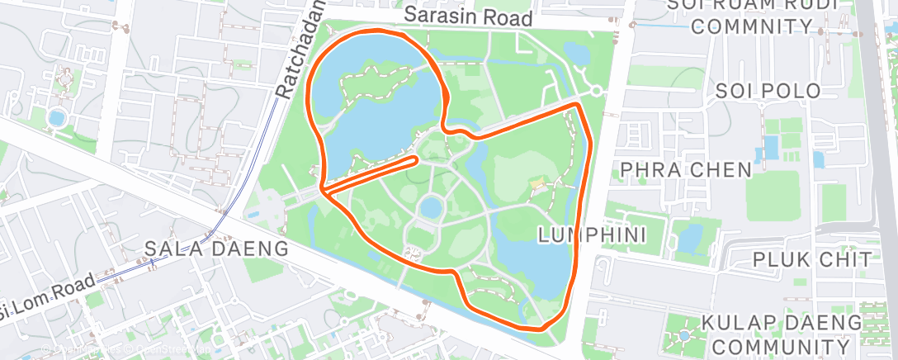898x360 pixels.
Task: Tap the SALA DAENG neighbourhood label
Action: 216,248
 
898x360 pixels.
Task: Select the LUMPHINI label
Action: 590,236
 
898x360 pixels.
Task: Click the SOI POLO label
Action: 768,91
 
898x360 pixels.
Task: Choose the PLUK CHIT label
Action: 805,259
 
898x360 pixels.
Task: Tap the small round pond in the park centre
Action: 431,207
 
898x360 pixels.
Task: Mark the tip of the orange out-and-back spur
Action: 416,157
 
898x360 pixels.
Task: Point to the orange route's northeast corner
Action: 579,105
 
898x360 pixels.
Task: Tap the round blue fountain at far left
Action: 57,117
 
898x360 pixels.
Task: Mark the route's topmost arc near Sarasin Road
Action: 376,31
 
